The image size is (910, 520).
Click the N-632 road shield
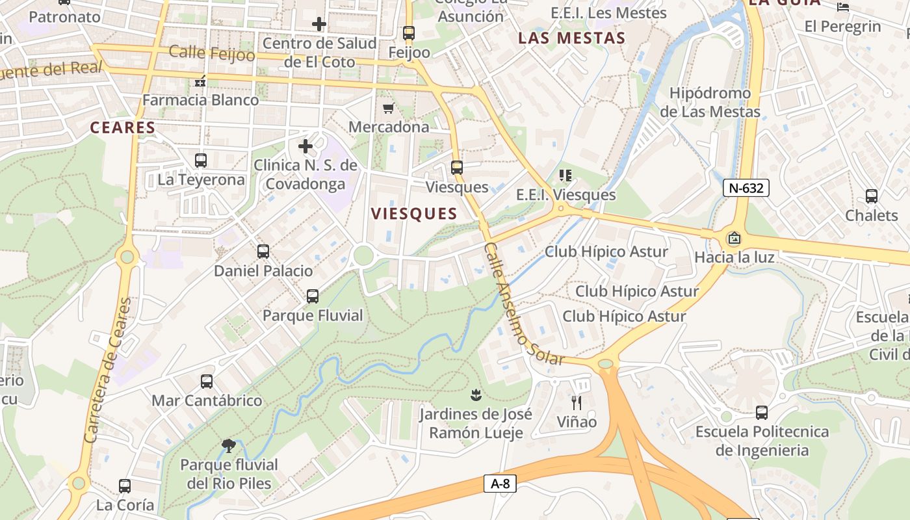point(746,188)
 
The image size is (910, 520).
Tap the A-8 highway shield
point(500,484)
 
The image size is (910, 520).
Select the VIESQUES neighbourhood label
point(414,214)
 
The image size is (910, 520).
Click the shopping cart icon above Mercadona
point(388,108)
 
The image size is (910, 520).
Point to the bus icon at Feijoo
point(408,32)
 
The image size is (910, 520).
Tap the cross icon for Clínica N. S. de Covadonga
point(305,146)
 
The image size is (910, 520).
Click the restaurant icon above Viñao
point(576,403)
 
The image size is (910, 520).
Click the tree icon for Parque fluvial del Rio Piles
point(228,445)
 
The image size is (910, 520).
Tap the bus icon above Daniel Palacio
point(263,251)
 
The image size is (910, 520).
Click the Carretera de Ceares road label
point(109,370)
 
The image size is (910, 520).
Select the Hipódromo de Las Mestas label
point(710,102)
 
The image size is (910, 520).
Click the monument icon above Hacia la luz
point(734,238)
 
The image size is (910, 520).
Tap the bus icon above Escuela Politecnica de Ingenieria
point(762,412)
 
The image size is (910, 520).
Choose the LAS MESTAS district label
point(571,38)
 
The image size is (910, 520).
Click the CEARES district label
point(123,127)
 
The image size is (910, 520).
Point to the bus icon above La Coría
point(125,486)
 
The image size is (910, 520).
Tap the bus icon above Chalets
point(871,196)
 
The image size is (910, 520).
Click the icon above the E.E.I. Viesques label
point(565,175)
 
